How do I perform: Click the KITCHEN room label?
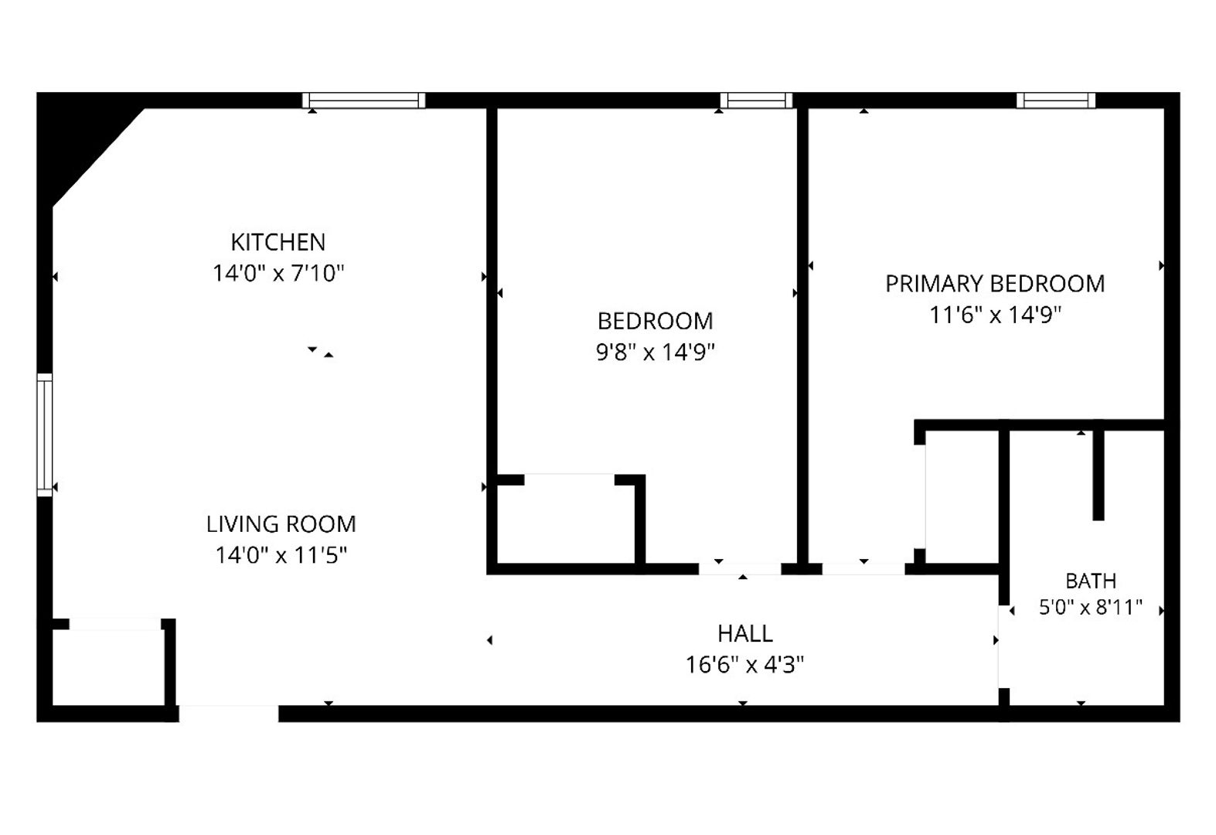click(278, 242)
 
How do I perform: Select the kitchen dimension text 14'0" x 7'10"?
click(278, 273)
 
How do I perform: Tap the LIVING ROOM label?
click(281, 524)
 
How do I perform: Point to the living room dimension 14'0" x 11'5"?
click(281, 555)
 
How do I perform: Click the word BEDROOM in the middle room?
click(656, 321)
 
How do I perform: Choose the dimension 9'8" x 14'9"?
click(656, 352)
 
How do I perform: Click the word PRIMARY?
click(934, 284)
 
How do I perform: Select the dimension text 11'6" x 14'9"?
click(996, 315)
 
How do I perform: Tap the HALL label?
click(744, 633)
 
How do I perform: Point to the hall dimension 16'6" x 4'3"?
click(744, 665)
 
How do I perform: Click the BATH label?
click(1091, 581)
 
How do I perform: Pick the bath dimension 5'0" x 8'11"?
click(1091, 607)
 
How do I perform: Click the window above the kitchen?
click(363, 101)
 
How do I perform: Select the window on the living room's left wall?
click(45, 435)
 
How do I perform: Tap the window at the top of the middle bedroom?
click(756, 101)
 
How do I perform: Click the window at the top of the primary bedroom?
click(1056, 101)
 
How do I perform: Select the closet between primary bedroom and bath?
click(962, 497)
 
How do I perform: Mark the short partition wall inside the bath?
click(1098, 475)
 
